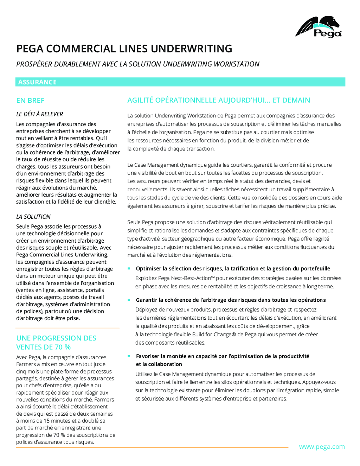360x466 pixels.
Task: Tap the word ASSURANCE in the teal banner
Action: [x=37, y=82]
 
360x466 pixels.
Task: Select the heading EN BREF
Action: [x=30, y=101]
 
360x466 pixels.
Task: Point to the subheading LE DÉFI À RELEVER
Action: [x=39, y=114]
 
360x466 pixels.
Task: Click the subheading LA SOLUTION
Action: [x=33, y=217]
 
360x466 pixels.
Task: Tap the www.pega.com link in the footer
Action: [x=322, y=447]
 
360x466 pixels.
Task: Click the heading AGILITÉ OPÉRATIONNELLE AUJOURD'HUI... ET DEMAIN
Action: [x=219, y=100]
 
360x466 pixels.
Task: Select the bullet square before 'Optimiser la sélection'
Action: [x=129, y=268]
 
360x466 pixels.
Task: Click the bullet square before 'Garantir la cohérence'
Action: [x=129, y=300]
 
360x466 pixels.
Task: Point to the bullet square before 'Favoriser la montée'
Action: [x=129, y=356]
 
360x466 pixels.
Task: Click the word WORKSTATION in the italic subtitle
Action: [x=237, y=64]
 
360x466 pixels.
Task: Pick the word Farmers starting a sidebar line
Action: [x=26, y=364]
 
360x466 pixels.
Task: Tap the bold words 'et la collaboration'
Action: [x=159, y=364]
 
